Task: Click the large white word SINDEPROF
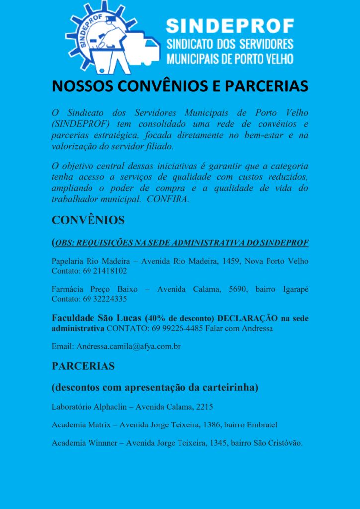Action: pyautogui.click(x=230, y=26)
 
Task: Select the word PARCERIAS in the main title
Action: pyautogui.click(x=267, y=86)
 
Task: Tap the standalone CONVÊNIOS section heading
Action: pyautogui.click(x=88, y=220)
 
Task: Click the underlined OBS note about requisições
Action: pyautogui.click(x=181, y=243)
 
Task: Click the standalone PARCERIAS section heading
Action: pyautogui.click(x=83, y=366)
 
